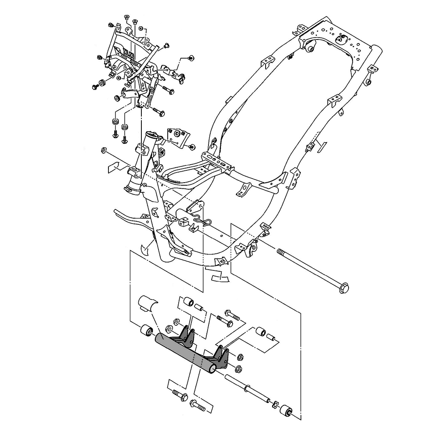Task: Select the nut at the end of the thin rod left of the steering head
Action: [x=104, y=151]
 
